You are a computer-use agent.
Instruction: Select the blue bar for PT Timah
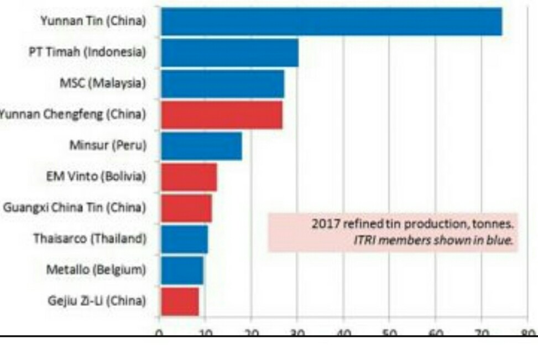tap(229, 53)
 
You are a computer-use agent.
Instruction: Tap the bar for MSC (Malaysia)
tap(222, 84)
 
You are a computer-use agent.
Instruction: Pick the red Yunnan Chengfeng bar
tap(221, 114)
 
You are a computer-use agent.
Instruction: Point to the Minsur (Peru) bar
tap(201, 146)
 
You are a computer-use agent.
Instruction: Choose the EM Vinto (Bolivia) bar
tap(189, 177)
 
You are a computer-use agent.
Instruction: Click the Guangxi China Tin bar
tap(186, 208)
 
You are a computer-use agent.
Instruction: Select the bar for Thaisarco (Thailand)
tap(184, 239)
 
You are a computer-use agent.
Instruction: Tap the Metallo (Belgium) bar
tap(182, 270)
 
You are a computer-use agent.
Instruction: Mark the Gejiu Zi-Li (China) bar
tap(180, 301)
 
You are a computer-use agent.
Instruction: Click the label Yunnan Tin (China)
tap(93, 21)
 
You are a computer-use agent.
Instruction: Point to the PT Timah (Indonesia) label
tap(87, 52)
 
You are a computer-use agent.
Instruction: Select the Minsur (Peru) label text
tap(108, 145)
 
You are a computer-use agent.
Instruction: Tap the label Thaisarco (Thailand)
tap(90, 239)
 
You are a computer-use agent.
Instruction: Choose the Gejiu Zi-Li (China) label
tap(97, 301)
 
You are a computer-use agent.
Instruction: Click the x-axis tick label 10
tap(205, 332)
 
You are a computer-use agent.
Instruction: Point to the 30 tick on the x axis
tap(297, 332)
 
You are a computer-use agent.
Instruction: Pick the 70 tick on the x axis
tap(481, 332)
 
